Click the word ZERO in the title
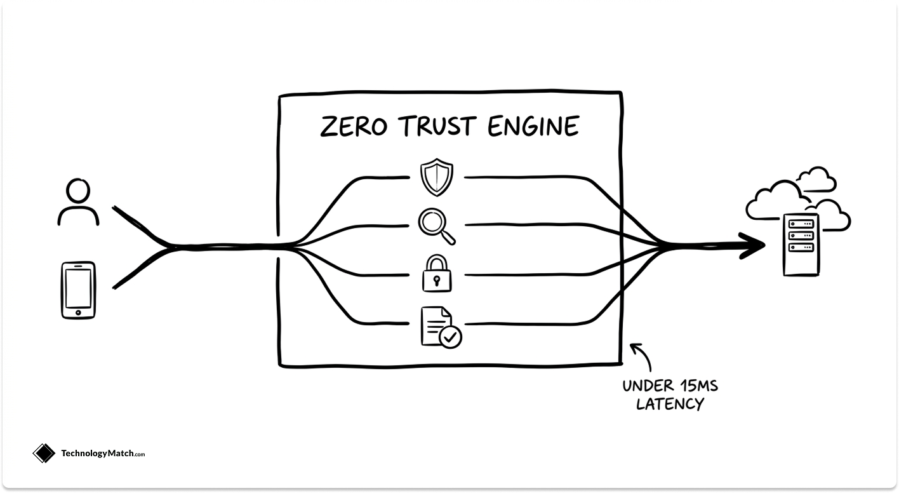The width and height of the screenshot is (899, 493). (354, 126)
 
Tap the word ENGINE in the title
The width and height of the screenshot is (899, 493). (533, 126)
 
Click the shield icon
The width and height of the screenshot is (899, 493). (437, 177)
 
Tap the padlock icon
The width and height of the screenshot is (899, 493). (437, 273)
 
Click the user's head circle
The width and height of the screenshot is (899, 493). (78, 191)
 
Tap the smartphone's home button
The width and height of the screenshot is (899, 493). (78, 313)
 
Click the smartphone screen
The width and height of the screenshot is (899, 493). (78, 288)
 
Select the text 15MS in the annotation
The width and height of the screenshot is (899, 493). (699, 386)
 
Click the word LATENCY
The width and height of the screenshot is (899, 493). (670, 404)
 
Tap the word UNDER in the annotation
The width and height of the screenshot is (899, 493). (648, 386)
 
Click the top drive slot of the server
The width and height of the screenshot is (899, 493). (801, 224)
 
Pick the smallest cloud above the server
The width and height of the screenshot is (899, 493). (816, 179)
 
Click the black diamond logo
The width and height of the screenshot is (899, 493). (44, 453)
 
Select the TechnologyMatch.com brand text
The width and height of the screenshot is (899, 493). (103, 453)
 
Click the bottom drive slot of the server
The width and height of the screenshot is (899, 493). (801, 247)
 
